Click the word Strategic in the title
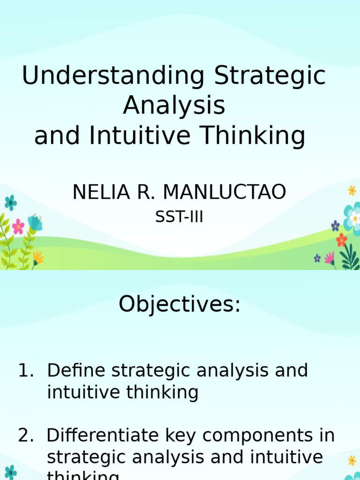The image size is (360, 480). coord(270,76)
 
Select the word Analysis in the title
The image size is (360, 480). coord(174,106)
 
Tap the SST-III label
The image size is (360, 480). coord(179,217)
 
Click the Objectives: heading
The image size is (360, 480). coord(180,305)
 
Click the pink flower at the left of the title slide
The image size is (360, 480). coord(18,226)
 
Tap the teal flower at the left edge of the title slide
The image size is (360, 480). coord(10,203)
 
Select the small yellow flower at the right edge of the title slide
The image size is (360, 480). coord(352,191)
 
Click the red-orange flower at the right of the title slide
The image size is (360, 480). coord(342,240)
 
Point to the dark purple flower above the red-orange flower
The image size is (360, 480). coord(335,225)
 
